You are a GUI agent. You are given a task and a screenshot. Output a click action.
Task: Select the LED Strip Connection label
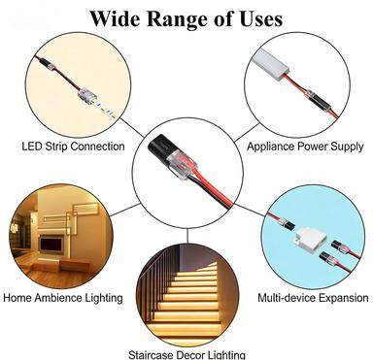(73, 147)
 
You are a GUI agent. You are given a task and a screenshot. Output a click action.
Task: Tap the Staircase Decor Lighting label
(187, 355)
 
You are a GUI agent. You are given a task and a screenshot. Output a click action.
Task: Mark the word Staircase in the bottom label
(155, 355)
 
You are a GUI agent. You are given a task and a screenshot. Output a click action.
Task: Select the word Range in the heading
(178, 18)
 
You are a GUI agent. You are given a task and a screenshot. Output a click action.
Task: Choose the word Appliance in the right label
(269, 147)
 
